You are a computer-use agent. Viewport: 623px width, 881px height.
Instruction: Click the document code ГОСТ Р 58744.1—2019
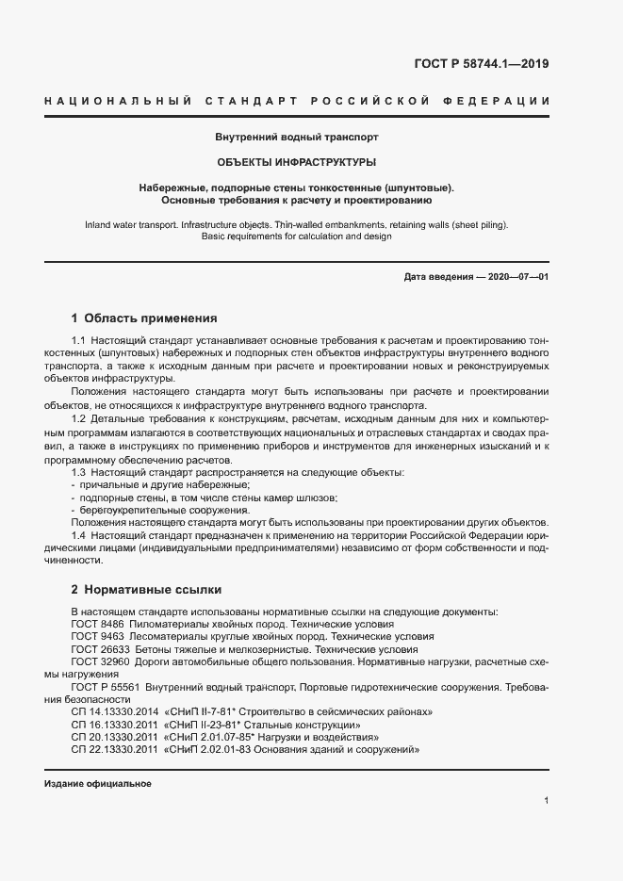[x=481, y=64]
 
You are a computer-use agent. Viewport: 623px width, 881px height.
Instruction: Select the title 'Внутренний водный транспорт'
[x=297, y=137]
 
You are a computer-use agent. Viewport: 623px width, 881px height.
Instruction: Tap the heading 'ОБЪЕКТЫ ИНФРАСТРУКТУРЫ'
[x=297, y=162]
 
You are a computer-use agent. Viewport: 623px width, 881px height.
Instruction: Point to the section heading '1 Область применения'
[x=144, y=318]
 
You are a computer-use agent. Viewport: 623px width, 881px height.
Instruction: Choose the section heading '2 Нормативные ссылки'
[x=146, y=590]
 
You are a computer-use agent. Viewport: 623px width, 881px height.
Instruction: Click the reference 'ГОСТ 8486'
[x=97, y=625]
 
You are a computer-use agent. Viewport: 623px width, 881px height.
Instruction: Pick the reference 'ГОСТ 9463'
[x=97, y=638]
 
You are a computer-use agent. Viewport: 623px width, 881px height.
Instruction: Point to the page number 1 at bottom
[x=547, y=801]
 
